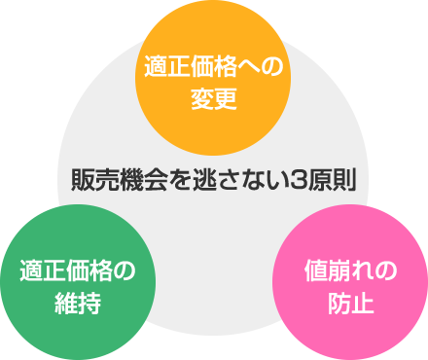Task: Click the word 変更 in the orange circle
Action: click(214, 99)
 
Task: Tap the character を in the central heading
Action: click(172, 180)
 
